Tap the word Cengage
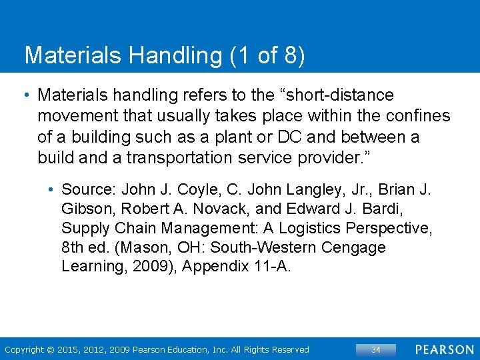[353, 247]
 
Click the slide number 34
[375, 349]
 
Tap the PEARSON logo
[445, 349]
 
